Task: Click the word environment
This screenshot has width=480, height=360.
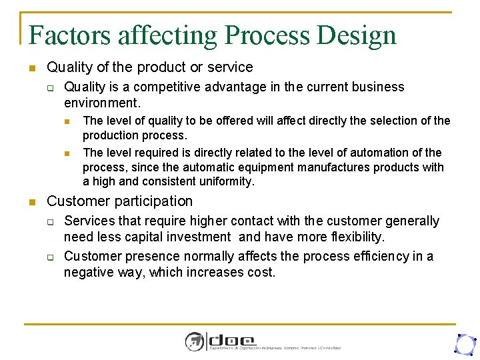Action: (x=101, y=103)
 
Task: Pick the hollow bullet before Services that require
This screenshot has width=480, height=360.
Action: (x=49, y=221)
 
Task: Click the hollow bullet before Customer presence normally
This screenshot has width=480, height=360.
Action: (x=49, y=257)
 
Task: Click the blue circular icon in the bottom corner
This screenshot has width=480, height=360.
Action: (x=464, y=343)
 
